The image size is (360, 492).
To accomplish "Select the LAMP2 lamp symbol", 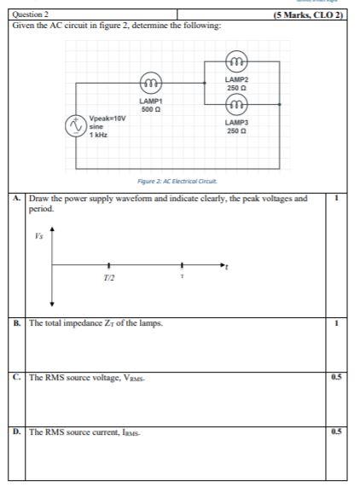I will pos(236,61).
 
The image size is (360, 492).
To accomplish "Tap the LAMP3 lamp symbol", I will pos(236,106).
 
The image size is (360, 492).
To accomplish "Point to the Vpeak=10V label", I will pos(107,119).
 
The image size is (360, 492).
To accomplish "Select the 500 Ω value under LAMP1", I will pos(151,110).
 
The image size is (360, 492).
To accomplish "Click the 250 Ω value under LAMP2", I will pos(236,88).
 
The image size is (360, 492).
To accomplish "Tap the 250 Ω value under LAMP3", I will pos(236,131).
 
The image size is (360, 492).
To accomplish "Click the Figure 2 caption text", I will pos(177,181).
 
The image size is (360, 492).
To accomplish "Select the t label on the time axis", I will pos(228,269).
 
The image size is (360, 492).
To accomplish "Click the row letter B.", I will pos(17,324).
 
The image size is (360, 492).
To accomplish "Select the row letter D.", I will pos(17,432).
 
